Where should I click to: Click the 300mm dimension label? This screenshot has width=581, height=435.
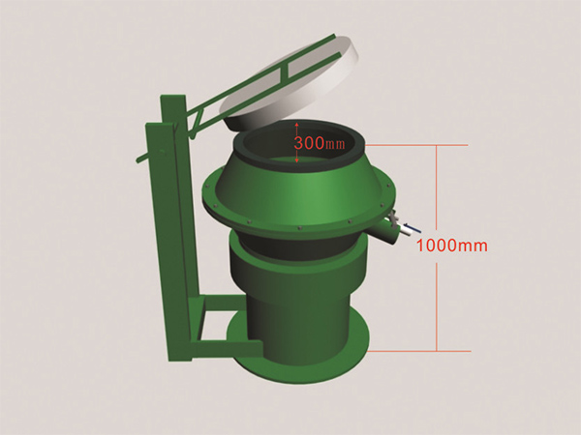coord(319,143)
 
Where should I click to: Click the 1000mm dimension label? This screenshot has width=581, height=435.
coord(452,246)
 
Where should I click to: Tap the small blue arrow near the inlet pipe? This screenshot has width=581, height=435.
coord(413,228)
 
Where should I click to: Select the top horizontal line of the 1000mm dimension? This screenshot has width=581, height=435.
coord(416,145)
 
